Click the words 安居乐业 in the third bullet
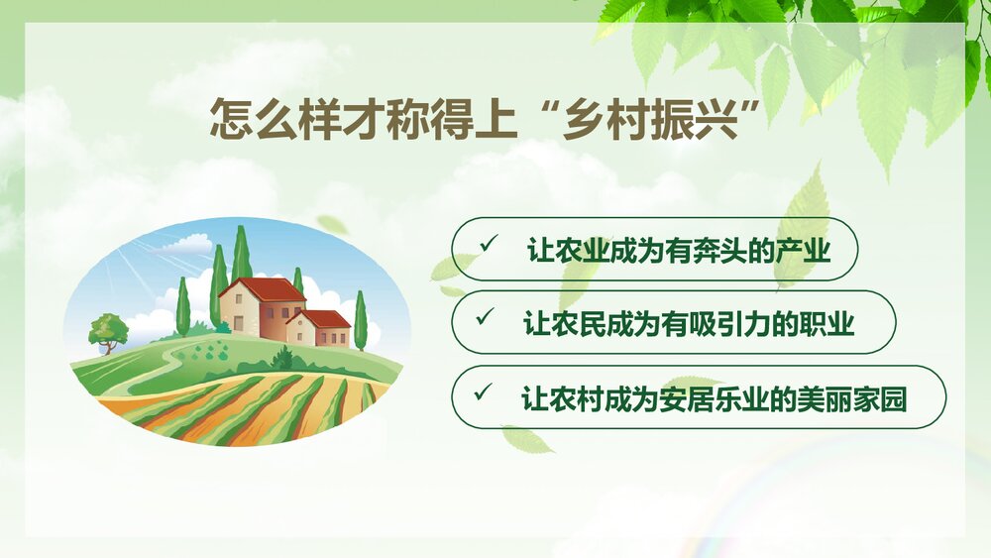pos(693,398)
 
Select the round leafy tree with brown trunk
pos(108,329)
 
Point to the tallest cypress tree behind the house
pos(241,253)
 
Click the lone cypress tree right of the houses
pos(360,319)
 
